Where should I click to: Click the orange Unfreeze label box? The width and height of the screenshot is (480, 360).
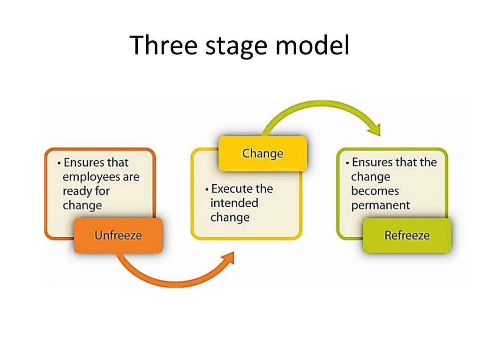(118, 235)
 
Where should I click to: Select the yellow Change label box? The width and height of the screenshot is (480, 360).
(262, 153)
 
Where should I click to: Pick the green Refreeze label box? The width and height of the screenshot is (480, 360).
(406, 235)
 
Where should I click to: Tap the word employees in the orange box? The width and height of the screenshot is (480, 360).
(101, 177)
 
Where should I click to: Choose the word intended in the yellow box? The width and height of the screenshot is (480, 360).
(234, 203)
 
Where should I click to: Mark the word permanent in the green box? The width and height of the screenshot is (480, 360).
(381, 205)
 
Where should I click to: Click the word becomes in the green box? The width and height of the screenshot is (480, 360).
(375, 191)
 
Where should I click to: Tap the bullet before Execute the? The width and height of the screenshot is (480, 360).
(207, 189)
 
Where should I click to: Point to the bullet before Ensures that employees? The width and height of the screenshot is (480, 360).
(59, 163)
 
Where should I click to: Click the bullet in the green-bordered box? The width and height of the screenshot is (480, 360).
(347, 163)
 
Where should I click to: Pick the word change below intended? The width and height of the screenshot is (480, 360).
(230, 217)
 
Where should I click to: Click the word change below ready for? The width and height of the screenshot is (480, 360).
(82, 206)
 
